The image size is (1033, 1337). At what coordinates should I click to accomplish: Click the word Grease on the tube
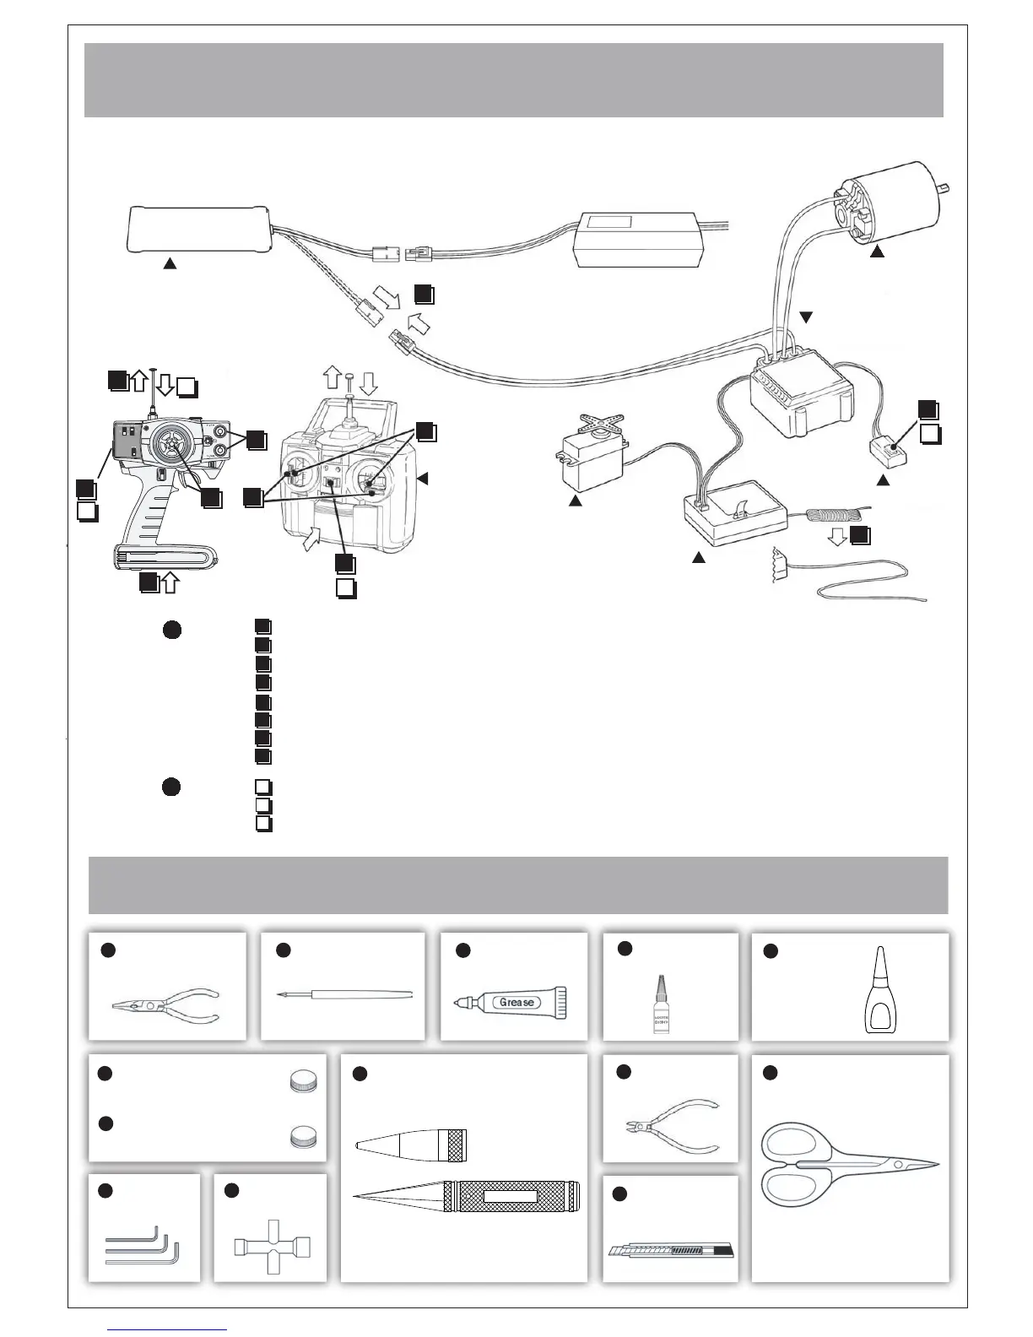coord(516,1002)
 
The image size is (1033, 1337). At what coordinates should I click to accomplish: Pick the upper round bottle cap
coord(301,1081)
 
